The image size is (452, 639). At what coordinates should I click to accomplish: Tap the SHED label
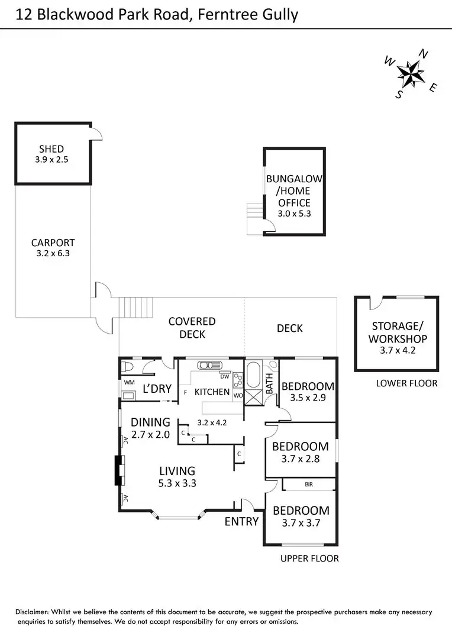[x=51, y=149]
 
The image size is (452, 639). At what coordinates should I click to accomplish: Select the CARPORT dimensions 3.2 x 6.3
[x=53, y=253]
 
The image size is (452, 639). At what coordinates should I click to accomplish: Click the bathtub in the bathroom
[x=253, y=375]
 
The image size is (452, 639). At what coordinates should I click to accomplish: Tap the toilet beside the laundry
[x=125, y=367]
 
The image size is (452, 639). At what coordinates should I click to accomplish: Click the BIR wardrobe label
[x=309, y=485]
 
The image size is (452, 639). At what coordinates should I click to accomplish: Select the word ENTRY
[x=241, y=521]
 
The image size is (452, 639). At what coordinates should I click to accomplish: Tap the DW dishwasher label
[x=225, y=376]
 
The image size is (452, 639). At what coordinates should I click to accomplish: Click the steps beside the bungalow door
[x=255, y=210]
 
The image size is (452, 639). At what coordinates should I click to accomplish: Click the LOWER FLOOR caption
[x=407, y=383]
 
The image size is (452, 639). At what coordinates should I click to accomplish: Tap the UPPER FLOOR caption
[x=309, y=559]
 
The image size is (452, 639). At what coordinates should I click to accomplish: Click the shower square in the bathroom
[x=253, y=397]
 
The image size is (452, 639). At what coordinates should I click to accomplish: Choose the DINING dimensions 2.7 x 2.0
[x=150, y=434]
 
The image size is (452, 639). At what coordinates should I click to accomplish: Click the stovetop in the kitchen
[x=238, y=379]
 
